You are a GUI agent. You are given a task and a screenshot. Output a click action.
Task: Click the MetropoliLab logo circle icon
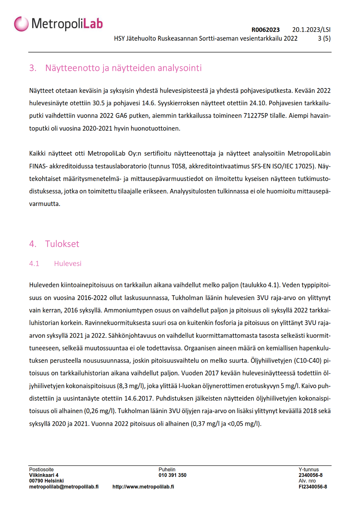point(21,24)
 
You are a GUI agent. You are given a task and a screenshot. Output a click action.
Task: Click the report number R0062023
point(265,30)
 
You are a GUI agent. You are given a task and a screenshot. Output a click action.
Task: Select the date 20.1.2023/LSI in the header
point(311,30)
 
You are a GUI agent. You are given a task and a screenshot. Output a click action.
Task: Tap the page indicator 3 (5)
point(324,38)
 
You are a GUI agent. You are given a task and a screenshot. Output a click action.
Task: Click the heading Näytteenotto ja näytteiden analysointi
point(123,68)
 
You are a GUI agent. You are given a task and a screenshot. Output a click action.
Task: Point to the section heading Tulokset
point(62,244)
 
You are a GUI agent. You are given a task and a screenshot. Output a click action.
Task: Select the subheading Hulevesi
point(68,263)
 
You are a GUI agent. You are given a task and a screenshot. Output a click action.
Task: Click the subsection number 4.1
point(34,263)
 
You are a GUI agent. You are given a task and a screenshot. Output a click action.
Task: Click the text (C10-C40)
point(308,360)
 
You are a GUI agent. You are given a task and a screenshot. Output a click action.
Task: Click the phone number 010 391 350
point(172,475)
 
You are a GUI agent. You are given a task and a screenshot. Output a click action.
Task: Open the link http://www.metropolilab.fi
point(143,487)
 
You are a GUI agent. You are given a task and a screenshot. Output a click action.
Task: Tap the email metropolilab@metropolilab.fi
point(64,487)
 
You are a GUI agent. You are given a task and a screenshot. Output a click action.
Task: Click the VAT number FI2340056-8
point(313,487)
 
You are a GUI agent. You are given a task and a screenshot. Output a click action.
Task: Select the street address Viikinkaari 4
point(44,475)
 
